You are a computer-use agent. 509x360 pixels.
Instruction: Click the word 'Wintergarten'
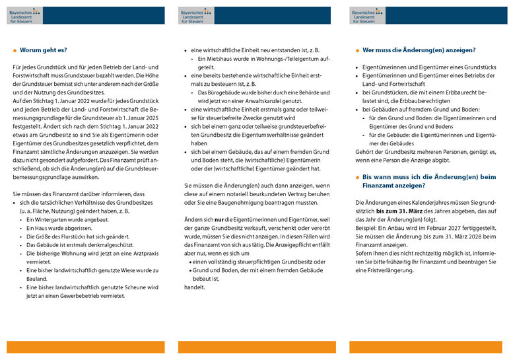pyautogui.click(x=48, y=219)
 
